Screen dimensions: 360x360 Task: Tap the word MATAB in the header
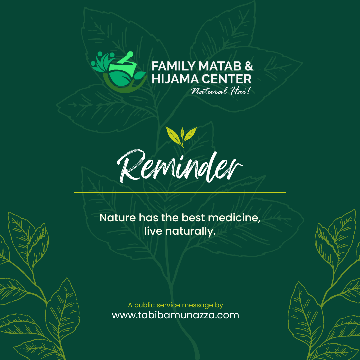click(x=220, y=66)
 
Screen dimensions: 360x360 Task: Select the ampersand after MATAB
click(x=249, y=66)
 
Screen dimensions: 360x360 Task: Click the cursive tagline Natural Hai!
click(x=220, y=91)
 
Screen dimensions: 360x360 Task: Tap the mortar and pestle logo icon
click(x=118, y=72)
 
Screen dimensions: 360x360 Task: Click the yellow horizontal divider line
click(x=180, y=193)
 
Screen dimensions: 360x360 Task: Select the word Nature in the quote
click(x=118, y=218)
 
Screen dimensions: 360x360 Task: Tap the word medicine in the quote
click(x=234, y=218)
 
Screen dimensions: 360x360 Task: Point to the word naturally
click(x=191, y=231)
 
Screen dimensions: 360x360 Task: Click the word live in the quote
click(x=153, y=231)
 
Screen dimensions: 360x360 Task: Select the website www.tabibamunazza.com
click(x=175, y=315)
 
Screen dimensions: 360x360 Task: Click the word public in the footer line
click(x=144, y=305)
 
